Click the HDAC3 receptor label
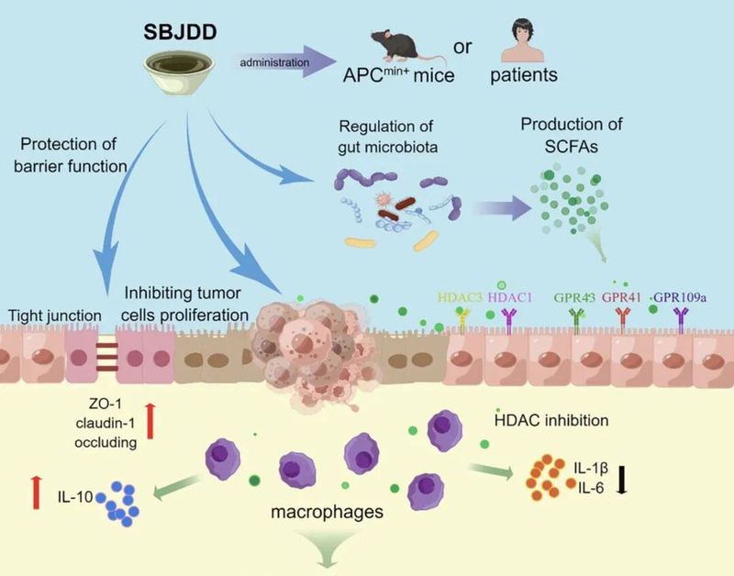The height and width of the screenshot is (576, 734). point(462,295)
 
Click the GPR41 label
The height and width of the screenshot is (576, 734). point(627,295)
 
